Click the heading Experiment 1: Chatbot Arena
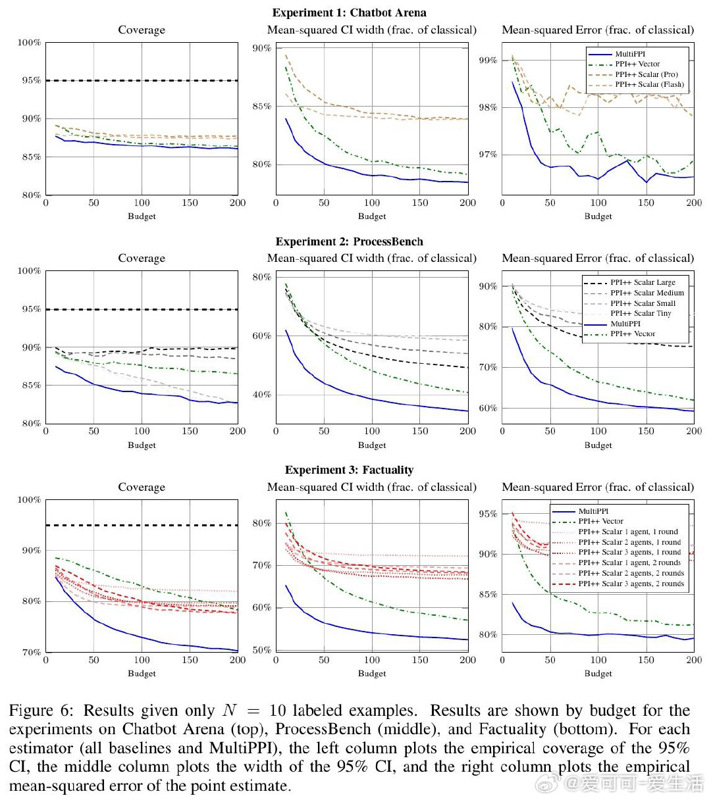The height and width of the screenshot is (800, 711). coord(349,13)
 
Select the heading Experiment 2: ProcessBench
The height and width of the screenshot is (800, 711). coord(349,241)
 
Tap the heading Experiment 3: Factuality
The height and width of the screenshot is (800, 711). coord(349,470)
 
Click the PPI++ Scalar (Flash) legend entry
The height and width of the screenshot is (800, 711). coord(649,84)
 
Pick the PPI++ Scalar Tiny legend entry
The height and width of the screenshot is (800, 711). coord(641,313)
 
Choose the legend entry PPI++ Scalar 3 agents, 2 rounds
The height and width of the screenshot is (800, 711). coord(631,584)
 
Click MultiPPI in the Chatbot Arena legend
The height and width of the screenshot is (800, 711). coord(630,54)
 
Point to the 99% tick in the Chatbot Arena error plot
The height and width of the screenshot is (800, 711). coord(488,61)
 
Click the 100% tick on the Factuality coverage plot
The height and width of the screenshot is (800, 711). coord(29,500)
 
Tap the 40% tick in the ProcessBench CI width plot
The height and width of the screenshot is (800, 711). coord(261,395)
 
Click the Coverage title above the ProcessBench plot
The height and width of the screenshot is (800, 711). coord(142,259)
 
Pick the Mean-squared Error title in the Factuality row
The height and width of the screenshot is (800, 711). coord(598,488)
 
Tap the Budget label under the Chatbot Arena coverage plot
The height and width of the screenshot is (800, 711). coord(142,216)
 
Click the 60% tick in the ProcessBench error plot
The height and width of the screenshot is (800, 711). coord(488,409)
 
